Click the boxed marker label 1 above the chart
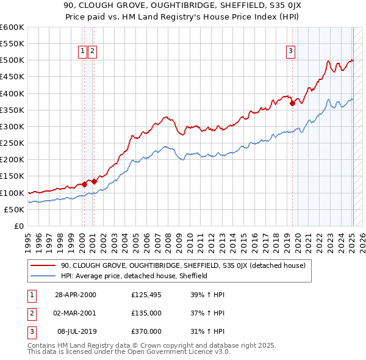click(x=82, y=52)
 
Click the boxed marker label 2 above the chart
click(x=92, y=52)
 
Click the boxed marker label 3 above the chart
click(x=291, y=52)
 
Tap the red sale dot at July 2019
click(x=292, y=103)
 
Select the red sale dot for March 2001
click(x=94, y=181)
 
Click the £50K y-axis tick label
click(x=15, y=209)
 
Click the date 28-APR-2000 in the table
click(x=75, y=295)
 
